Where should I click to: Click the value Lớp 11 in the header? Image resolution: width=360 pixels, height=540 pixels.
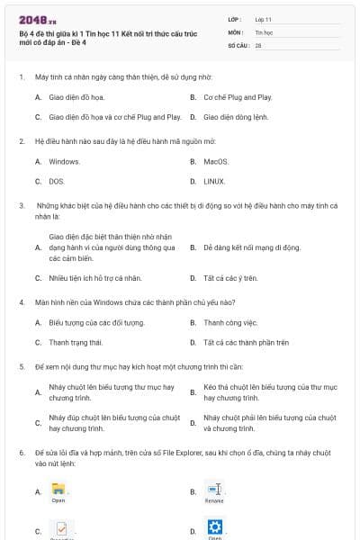tap(263, 19)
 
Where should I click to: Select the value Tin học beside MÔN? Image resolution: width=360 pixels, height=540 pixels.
tap(264, 31)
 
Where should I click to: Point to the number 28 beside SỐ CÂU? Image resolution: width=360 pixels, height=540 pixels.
tap(258, 44)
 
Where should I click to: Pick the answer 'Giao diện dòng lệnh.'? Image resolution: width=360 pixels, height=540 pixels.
tap(236, 117)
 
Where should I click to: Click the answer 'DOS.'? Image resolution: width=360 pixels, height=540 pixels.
tap(57, 181)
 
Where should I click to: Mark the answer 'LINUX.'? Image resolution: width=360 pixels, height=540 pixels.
tap(214, 181)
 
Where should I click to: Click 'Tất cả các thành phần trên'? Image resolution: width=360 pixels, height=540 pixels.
tap(246, 342)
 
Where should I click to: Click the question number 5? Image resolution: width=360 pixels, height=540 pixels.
tap(22, 367)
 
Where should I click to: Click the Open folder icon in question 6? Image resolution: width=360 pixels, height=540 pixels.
tap(58, 490)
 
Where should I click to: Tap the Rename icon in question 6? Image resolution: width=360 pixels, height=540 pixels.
tap(214, 490)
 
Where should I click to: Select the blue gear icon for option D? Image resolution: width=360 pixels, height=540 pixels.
tap(214, 527)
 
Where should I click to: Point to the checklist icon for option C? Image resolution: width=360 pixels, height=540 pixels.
tap(60, 529)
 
